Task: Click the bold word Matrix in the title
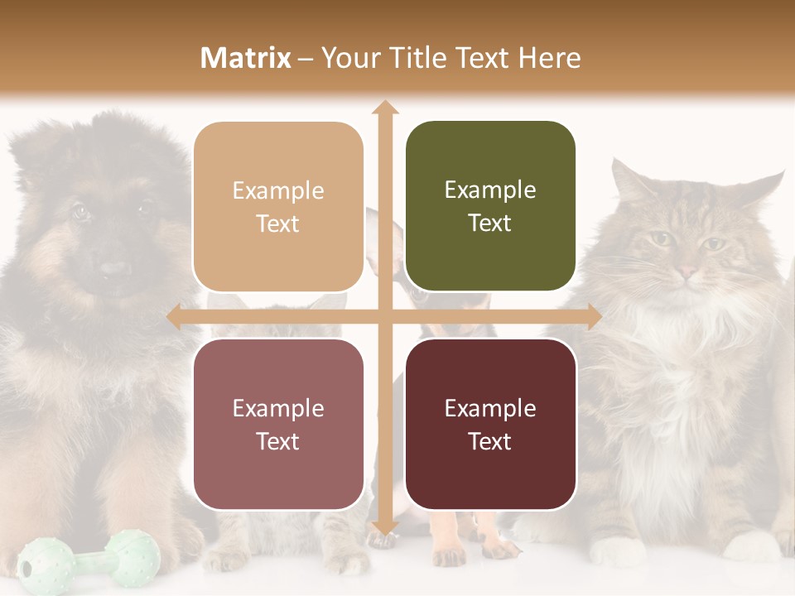[246, 58]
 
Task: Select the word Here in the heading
[549, 58]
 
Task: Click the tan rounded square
[278, 207]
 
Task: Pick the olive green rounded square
[490, 206]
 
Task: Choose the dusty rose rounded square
[278, 424]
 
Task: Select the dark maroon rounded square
[490, 424]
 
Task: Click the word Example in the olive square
[490, 190]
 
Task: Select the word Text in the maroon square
[490, 441]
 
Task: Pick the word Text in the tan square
[278, 224]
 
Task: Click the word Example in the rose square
[278, 408]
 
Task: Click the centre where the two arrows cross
[384, 316]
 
